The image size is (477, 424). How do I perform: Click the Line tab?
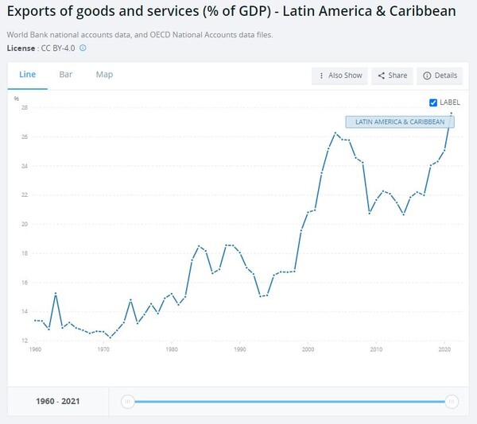[x=27, y=75]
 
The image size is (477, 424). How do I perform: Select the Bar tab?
[x=66, y=75]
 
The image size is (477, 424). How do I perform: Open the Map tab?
[x=104, y=75]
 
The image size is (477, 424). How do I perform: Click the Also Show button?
[x=340, y=75]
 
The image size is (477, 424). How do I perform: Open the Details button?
[x=440, y=75]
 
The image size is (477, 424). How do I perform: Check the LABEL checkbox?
[x=433, y=102]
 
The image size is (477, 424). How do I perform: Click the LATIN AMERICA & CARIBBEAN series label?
[x=400, y=121]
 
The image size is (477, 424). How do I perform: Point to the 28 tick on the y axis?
[x=25, y=108]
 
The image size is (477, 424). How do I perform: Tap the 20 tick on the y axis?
[x=25, y=225]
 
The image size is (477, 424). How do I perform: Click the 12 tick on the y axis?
[x=25, y=341]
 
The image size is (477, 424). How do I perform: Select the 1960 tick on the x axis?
[x=35, y=349]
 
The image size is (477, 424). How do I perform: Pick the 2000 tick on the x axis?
[x=308, y=349]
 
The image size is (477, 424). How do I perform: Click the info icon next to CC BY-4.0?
[x=83, y=48]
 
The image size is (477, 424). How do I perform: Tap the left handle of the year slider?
[x=127, y=402]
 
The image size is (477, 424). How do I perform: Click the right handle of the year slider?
[x=452, y=402]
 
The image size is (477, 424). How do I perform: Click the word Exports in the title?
[x=33, y=12]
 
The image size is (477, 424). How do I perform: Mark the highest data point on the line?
[x=452, y=114]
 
